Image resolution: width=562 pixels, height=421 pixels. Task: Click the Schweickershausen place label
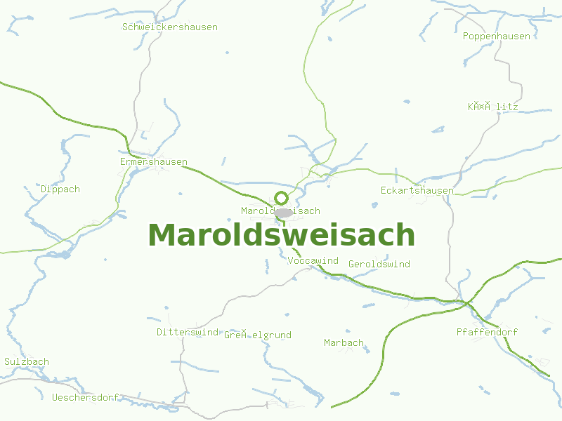(x=169, y=27)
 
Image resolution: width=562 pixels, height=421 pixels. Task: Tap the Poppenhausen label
(x=497, y=36)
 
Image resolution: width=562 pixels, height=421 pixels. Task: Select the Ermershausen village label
(x=153, y=162)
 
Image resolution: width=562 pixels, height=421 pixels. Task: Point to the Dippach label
(x=60, y=189)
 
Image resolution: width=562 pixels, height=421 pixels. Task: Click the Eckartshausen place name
(x=417, y=191)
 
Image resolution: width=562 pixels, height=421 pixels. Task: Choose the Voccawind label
(x=313, y=261)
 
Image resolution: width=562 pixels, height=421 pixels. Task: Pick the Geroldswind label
(x=379, y=265)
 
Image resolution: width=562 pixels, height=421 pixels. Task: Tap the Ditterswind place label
(x=188, y=332)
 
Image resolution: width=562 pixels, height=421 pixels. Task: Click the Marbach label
(x=344, y=343)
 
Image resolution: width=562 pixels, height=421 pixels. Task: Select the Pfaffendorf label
(x=486, y=332)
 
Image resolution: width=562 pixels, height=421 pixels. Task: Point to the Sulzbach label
(x=27, y=362)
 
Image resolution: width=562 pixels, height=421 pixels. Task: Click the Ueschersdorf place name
(x=85, y=397)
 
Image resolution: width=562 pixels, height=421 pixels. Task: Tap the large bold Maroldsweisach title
(x=281, y=235)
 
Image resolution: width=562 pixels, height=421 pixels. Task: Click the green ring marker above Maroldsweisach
(x=281, y=198)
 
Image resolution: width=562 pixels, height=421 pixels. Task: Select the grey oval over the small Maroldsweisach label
(x=284, y=212)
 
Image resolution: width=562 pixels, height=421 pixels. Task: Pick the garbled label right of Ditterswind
(x=257, y=335)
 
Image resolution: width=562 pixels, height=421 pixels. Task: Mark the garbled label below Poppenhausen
(x=492, y=107)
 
